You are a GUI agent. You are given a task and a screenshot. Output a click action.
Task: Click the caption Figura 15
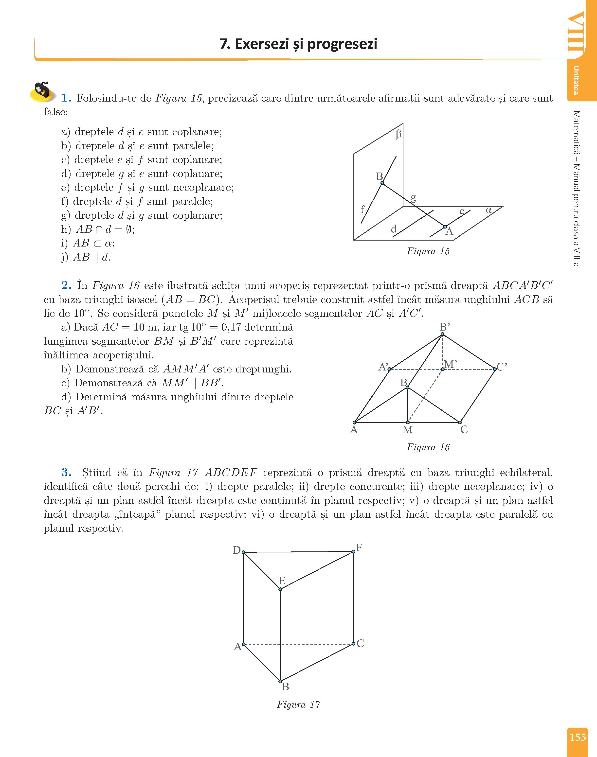tap(428, 251)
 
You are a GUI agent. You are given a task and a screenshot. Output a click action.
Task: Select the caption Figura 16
tap(428, 447)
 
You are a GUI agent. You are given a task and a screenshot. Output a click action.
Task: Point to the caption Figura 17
tap(298, 704)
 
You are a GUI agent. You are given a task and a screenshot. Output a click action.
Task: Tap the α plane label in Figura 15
tap(489, 210)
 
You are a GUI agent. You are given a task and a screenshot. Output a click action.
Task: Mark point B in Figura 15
tap(382, 183)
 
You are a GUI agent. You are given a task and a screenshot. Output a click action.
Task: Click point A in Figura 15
tap(445, 227)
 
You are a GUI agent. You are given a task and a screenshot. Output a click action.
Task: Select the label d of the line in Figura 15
tap(394, 229)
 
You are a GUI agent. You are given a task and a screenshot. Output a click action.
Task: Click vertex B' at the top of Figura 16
tap(442, 334)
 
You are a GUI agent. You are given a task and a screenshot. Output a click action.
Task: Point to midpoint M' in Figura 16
tap(442, 369)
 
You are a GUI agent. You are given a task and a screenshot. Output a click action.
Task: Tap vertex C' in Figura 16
tap(495, 369)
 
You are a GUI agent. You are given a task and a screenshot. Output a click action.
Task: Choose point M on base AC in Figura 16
tap(408, 422)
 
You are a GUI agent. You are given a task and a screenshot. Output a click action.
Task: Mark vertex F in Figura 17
tap(353, 551)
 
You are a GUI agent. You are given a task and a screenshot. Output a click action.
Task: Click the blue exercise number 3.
tap(66, 473)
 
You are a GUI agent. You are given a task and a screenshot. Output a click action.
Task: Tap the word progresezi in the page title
tap(342, 44)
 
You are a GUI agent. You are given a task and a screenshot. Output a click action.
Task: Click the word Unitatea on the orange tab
tap(576, 80)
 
